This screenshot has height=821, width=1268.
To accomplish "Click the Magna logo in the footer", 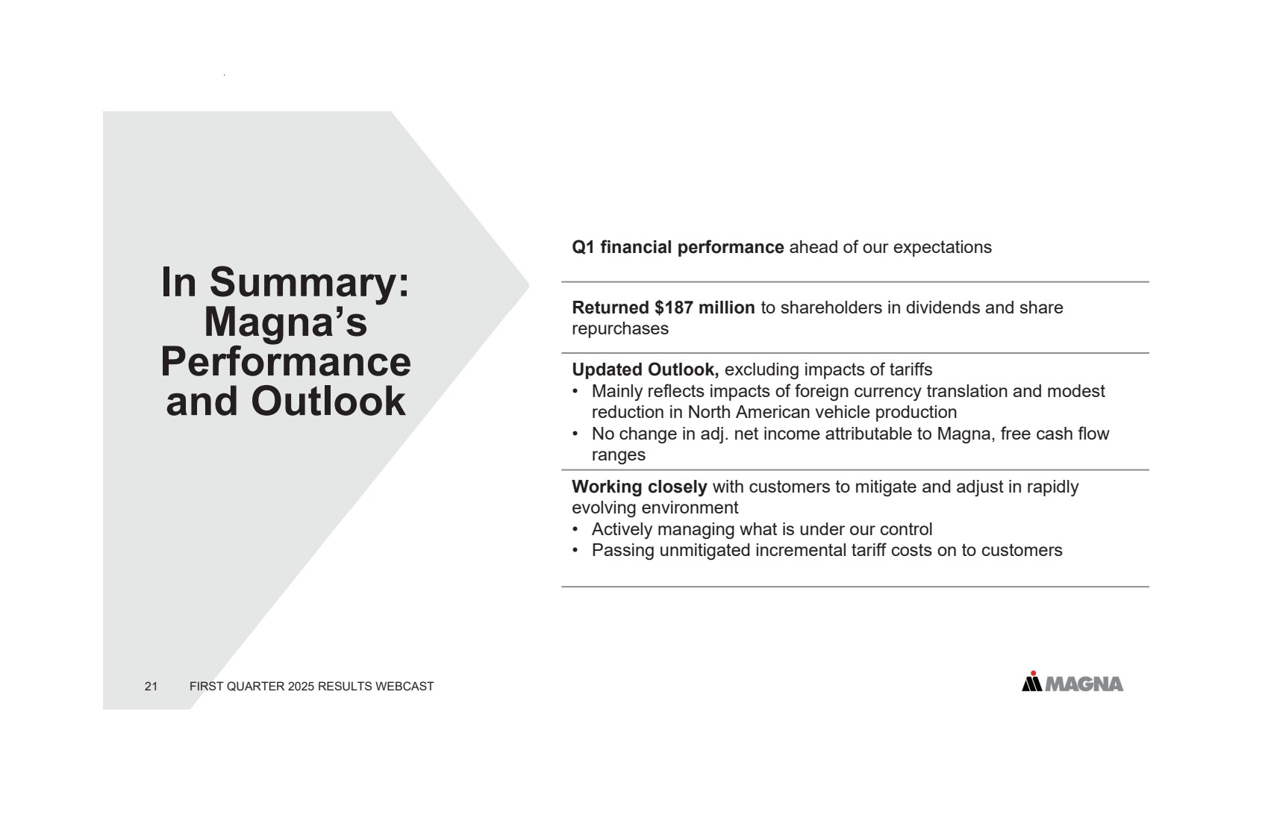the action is click(1072, 681).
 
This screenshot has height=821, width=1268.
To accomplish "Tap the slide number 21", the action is click(152, 686).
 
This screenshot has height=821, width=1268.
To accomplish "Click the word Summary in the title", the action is click(309, 283).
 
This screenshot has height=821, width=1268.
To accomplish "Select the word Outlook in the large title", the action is click(328, 402).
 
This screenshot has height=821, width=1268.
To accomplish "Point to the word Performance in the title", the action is click(286, 362).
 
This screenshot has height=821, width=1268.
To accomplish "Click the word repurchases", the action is click(620, 329).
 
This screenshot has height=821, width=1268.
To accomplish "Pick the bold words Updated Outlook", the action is click(646, 369).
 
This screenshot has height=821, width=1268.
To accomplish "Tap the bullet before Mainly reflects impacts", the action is click(575, 391).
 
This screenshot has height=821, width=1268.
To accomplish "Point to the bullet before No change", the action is click(575, 434).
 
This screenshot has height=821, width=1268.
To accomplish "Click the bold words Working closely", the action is click(640, 487).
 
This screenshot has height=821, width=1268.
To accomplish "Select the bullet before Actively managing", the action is click(575, 529).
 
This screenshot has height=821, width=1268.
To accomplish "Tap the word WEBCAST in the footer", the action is click(405, 686).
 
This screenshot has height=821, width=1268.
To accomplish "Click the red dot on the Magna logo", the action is click(1033, 673).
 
